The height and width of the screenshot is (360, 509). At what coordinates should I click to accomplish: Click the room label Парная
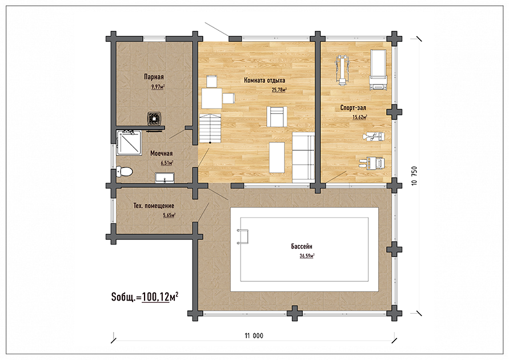pyautogui.click(x=154, y=77)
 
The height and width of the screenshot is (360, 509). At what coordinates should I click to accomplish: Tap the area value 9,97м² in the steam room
pyautogui.click(x=158, y=87)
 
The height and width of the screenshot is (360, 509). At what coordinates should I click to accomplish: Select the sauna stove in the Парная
pyautogui.click(x=154, y=118)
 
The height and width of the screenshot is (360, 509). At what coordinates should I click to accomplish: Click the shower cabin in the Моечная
pyautogui.click(x=129, y=143)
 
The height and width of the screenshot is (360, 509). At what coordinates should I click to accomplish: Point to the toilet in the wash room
pyautogui.click(x=125, y=171)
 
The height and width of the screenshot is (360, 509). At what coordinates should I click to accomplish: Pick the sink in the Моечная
pyautogui.click(x=165, y=178)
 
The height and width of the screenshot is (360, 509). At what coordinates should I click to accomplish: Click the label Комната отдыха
pyautogui.click(x=264, y=81)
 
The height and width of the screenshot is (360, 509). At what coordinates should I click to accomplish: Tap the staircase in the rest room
pyautogui.click(x=210, y=129)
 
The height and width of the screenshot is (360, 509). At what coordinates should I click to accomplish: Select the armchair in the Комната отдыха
pyautogui.click(x=277, y=117)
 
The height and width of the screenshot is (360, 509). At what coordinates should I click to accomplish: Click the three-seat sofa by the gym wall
pyautogui.click(x=303, y=158)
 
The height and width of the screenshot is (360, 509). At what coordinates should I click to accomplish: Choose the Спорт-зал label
pyautogui.click(x=353, y=108)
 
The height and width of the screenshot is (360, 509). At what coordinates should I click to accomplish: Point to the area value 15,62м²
pyautogui.click(x=360, y=117)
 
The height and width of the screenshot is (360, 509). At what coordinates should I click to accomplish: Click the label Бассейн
pyautogui.click(x=302, y=247)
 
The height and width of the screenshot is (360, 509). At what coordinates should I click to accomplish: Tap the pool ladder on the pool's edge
pyautogui.click(x=243, y=237)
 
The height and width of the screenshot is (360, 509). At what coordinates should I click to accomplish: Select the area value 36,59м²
pyautogui.click(x=307, y=256)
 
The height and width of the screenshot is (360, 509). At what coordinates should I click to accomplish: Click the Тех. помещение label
pyautogui.click(x=154, y=206)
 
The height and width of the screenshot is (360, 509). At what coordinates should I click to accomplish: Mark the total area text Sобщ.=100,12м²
pyautogui.click(x=145, y=297)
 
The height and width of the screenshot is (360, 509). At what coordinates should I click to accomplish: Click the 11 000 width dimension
pyautogui.click(x=254, y=335)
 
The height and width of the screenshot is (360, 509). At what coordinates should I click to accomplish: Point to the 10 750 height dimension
pyautogui.click(x=415, y=176)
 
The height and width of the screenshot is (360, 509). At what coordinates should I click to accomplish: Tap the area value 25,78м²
pyautogui.click(x=279, y=90)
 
